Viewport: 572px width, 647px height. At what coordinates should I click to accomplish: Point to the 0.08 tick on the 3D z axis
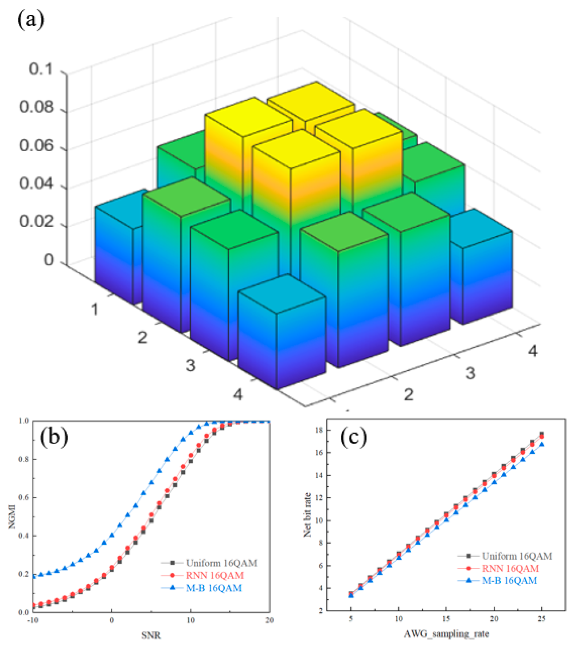pos(37,107)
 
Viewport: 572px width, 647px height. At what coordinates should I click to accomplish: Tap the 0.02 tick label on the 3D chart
pos(37,222)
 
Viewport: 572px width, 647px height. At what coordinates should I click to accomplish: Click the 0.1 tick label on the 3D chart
pos(41,69)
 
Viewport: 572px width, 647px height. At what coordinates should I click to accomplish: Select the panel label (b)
pos(54,437)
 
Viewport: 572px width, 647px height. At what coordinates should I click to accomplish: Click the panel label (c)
pos(353,437)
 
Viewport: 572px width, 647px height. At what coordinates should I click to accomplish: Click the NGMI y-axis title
pos(12,516)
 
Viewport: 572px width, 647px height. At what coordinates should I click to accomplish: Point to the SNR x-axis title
pos(151,635)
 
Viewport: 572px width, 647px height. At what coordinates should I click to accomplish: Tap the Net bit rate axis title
pos(307,515)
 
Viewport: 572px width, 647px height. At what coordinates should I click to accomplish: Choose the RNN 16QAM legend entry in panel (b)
pos(214,576)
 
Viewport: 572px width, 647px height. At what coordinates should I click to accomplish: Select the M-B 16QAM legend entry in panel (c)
pos(509,581)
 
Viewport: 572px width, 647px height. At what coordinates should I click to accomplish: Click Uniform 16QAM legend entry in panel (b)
pos(221,563)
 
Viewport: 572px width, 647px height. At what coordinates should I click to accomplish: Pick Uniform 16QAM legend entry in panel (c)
pos(517,556)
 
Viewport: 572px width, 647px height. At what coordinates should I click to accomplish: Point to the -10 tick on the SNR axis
pos(33,620)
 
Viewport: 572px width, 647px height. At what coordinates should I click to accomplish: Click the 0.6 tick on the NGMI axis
pos(24,498)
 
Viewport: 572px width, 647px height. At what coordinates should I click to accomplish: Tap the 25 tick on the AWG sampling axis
pos(542,619)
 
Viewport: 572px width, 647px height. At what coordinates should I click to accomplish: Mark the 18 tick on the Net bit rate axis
pos(319,430)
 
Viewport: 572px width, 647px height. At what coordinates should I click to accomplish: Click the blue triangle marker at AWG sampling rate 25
pos(542,445)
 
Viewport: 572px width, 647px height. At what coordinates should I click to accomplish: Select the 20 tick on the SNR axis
pos(270,620)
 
